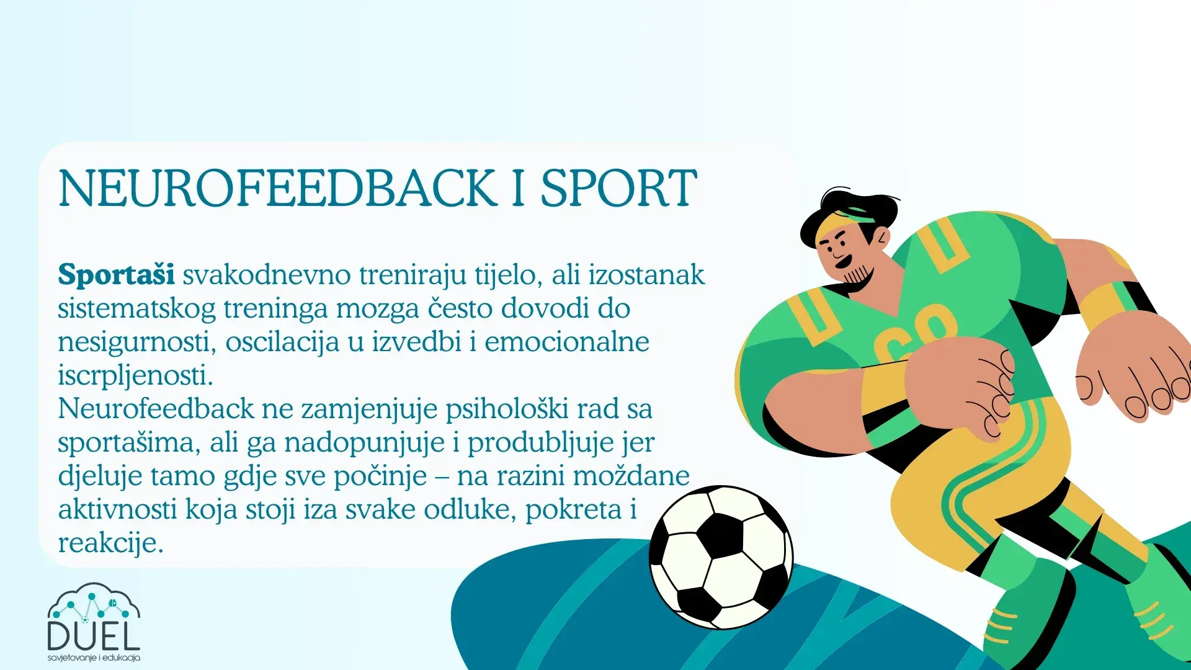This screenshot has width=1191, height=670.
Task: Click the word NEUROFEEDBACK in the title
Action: click(277, 188)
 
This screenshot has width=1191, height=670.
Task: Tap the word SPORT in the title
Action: click(618, 188)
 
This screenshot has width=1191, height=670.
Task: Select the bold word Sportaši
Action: click(116, 275)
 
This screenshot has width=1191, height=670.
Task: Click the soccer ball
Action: click(721, 556)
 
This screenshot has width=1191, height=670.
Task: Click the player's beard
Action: click(859, 273)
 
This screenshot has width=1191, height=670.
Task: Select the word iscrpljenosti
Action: click(135, 375)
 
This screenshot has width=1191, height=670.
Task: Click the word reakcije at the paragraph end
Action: click(110, 543)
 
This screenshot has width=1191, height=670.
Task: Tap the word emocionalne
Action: click(566, 342)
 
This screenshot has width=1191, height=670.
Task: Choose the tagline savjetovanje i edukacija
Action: click(94, 658)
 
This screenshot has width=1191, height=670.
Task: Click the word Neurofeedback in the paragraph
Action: click(156, 409)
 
